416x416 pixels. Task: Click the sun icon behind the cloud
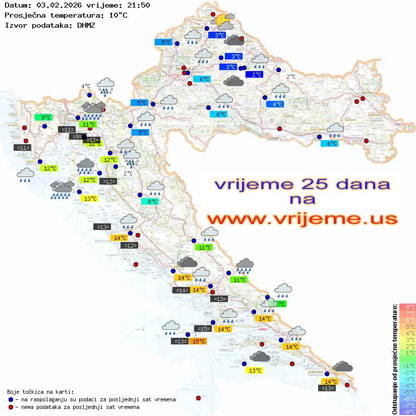pos(220,21)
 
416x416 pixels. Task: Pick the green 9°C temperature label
pos(43,117)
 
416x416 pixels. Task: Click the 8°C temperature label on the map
pos(152,202)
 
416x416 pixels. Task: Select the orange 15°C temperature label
pos(198,341)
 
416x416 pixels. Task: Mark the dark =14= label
pos(181,290)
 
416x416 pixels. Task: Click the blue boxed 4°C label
pos(275,104)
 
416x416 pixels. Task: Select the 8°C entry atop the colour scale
pos(407,307)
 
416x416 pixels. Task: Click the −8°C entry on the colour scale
pos(407,411)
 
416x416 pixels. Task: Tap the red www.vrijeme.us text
pos(302,219)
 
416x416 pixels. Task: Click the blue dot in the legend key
pos(11,399)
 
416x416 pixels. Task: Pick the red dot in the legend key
pos(11,407)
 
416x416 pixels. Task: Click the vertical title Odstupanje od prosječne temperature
pos(394,359)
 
